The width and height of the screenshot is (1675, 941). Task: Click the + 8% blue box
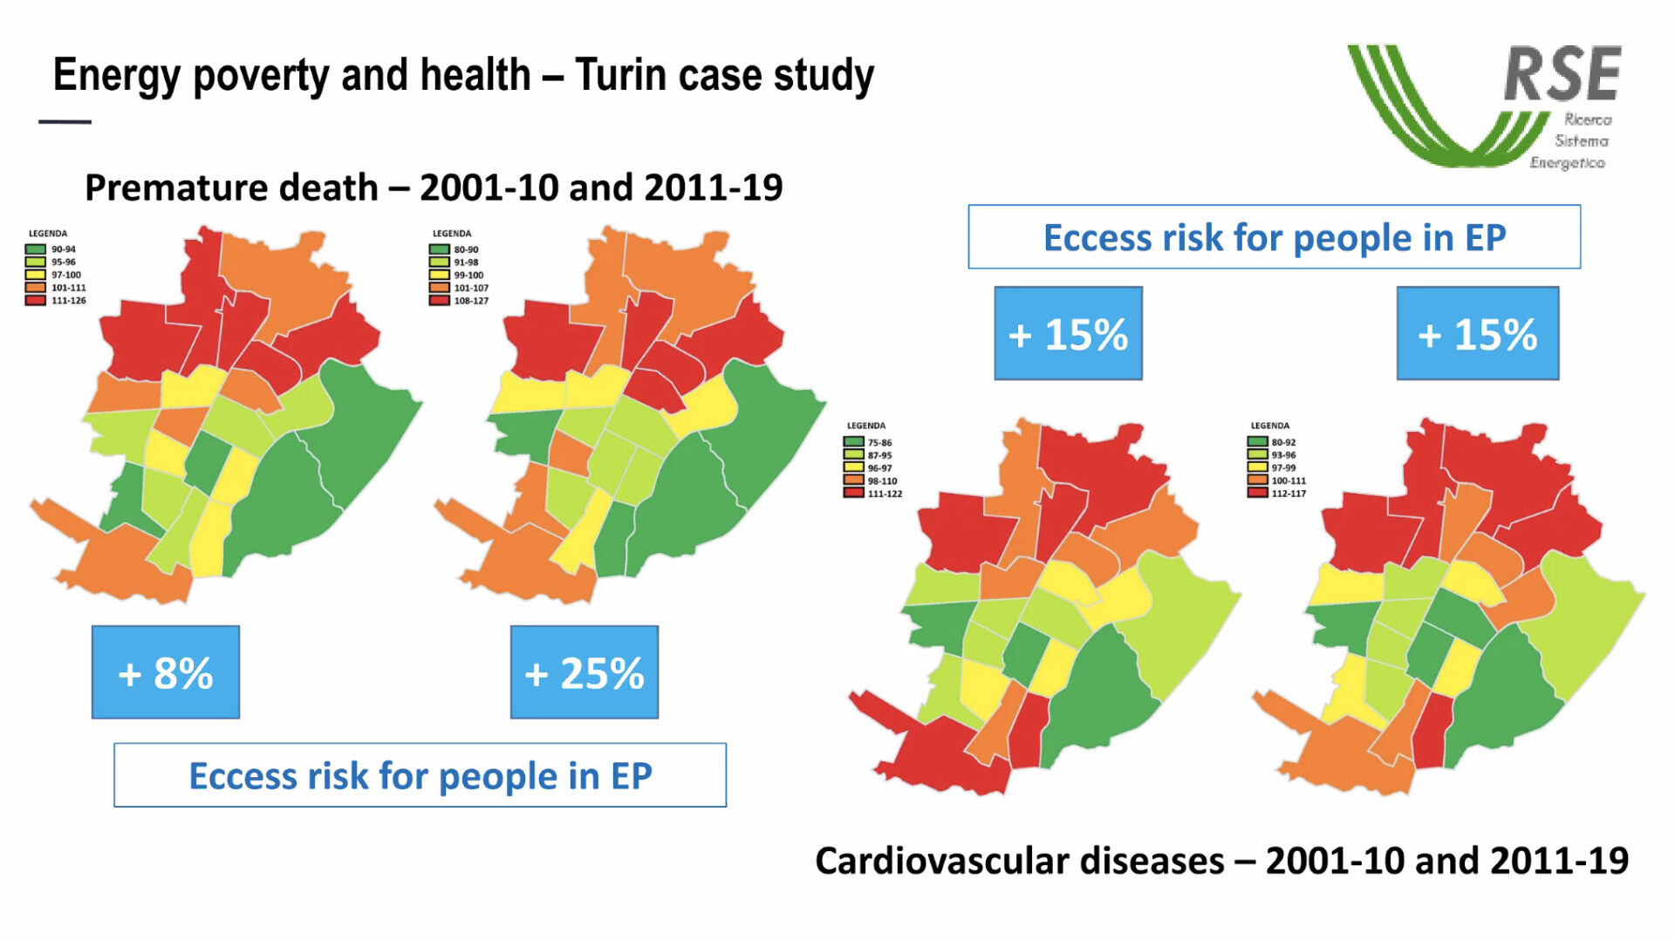click(x=166, y=672)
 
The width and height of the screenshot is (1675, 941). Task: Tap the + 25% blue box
click(x=585, y=672)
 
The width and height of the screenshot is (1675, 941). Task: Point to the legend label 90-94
click(x=64, y=249)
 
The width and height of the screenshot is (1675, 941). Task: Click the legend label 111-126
click(x=69, y=301)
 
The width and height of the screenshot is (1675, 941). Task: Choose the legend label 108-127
click(x=471, y=301)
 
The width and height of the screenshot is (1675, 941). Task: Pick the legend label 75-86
click(x=879, y=443)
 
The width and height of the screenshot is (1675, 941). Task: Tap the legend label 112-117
click(x=1289, y=494)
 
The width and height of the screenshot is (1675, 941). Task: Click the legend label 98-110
click(x=882, y=481)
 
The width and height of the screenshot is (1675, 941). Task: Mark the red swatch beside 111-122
click(x=853, y=494)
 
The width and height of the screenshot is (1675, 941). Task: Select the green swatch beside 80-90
click(x=439, y=249)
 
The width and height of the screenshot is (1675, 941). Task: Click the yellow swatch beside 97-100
click(x=35, y=275)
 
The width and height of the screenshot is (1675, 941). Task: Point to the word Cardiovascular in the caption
click(x=931, y=862)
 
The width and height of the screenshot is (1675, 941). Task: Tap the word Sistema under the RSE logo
click(x=1582, y=141)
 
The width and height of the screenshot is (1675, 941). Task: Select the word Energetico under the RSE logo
click(x=1568, y=163)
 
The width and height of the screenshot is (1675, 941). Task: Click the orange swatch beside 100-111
click(x=1257, y=481)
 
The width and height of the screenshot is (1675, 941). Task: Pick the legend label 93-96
click(x=1283, y=455)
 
